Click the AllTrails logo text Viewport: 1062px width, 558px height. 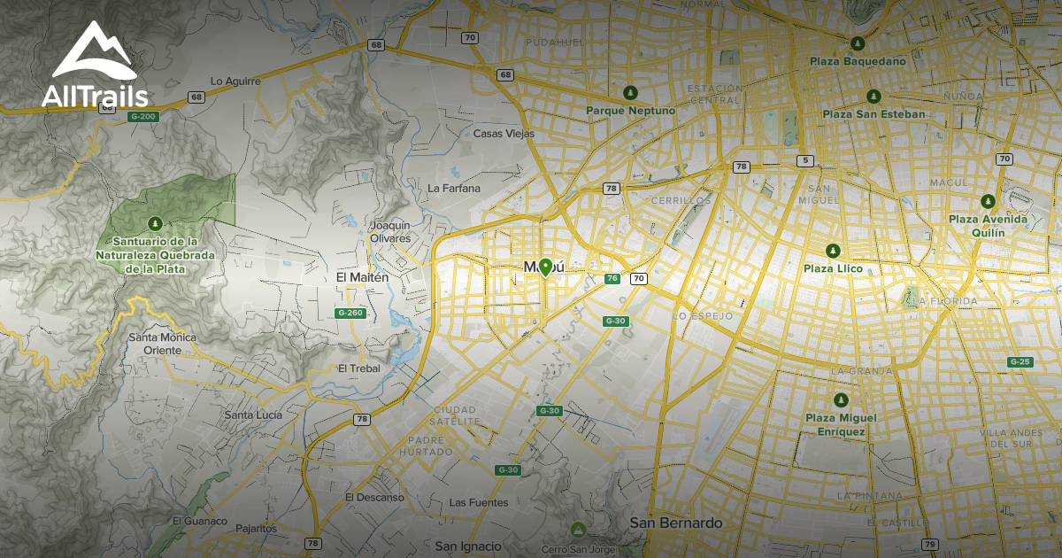click(x=94, y=95)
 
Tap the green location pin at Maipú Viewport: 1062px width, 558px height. click(x=546, y=267)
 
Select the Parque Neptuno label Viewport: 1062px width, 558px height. click(x=630, y=111)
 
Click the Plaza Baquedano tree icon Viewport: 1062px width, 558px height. click(x=857, y=43)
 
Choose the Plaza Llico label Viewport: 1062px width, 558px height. click(x=832, y=268)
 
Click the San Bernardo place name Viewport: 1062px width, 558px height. click(x=675, y=523)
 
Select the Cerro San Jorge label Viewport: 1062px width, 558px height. click(x=578, y=548)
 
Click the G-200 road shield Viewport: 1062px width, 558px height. click(x=142, y=116)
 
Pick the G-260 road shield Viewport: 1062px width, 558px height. click(x=350, y=313)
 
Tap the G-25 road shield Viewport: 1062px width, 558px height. click(x=1020, y=361)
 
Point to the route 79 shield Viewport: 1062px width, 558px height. click(x=929, y=544)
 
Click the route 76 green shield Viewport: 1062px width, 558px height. click(x=612, y=279)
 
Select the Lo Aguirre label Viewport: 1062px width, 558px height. click(x=235, y=81)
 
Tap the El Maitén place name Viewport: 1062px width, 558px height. click(x=362, y=277)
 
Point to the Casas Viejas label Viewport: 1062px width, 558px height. click(x=504, y=134)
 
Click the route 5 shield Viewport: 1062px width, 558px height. click(x=804, y=160)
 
